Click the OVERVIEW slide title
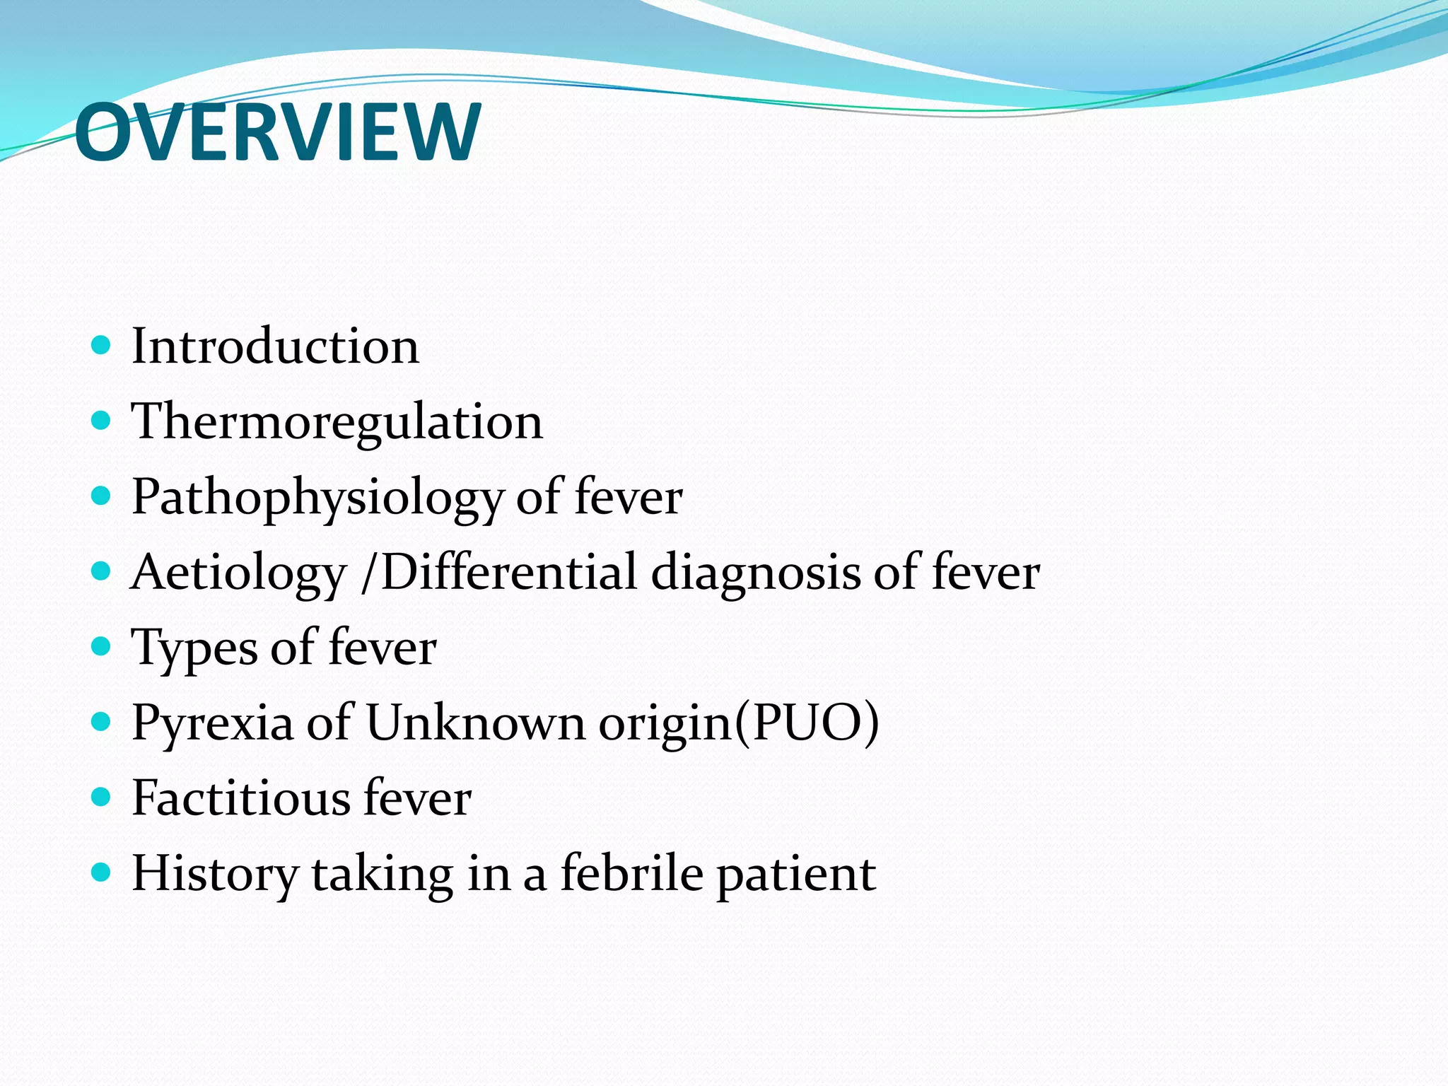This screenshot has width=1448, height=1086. tap(278, 132)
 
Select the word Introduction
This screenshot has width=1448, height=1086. tap(275, 346)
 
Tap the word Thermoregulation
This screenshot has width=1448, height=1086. tap(337, 421)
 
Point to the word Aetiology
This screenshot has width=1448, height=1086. tap(239, 573)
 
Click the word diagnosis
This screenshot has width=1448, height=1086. tap(755, 573)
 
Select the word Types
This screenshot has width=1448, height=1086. tap(194, 648)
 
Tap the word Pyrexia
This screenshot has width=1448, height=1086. tap(212, 723)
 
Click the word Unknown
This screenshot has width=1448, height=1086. tap(475, 723)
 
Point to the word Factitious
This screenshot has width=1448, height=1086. tap(240, 798)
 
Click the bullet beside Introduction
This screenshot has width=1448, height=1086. tap(102, 345)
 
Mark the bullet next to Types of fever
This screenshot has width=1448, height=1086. tap(102, 646)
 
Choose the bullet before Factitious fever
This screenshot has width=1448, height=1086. tap(102, 797)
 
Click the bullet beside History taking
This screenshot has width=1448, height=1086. tap(102, 872)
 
